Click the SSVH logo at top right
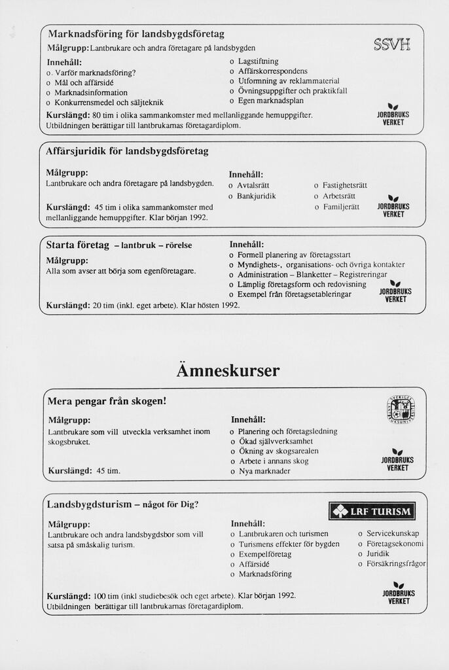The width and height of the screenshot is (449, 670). click(392, 45)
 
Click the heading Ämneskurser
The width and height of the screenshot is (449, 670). click(228, 371)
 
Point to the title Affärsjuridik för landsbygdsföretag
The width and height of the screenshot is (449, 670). click(127, 151)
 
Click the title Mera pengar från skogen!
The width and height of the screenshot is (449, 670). click(107, 400)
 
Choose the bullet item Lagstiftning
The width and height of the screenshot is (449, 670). click(258, 61)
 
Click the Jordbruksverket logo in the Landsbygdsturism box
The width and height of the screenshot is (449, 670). click(399, 592)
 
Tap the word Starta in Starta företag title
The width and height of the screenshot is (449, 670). click(61, 245)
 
